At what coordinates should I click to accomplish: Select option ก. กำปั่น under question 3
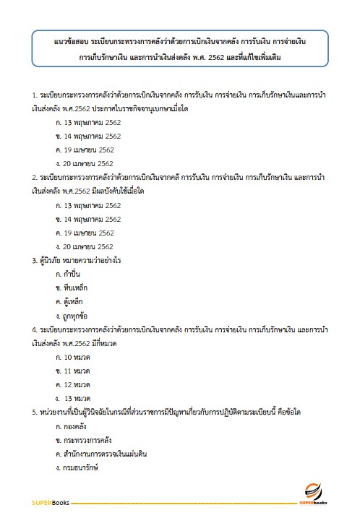point(67,275)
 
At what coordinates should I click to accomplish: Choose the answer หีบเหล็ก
point(69,288)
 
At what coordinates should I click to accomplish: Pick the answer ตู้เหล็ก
point(69,302)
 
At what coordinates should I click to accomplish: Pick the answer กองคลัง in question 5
point(71,426)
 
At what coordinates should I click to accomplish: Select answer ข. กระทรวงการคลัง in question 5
point(81,439)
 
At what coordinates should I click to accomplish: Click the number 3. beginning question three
point(35,261)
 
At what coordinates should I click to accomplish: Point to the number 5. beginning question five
point(35,412)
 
